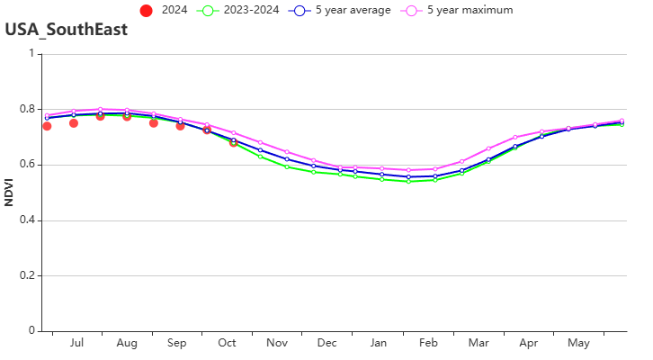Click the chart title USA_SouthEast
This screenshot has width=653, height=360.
[x=66, y=30]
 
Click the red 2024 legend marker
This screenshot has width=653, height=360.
[x=147, y=10]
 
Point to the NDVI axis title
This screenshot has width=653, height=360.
[x=9, y=193]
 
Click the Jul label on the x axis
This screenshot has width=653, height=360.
[x=76, y=343]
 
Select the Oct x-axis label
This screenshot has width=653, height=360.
[x=227, y=343]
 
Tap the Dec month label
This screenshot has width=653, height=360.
[x=326, y=343]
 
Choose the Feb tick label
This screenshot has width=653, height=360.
[x=428, y=343]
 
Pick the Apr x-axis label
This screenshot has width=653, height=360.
[x=529, y=343]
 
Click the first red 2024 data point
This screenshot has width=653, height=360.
[x=47, y=126]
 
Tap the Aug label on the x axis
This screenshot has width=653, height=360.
[x=127, y=343]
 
